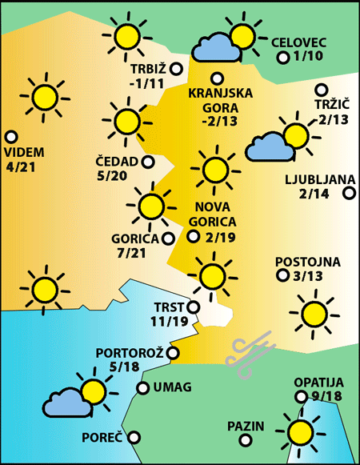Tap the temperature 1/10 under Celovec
click(x=308, y=57)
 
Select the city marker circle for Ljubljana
click(x=349, y=193)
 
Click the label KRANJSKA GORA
click(x=220, y=100)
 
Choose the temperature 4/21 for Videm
click(x=24, y=167)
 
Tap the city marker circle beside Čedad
click(x=148, y=162)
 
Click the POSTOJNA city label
click(x=308, y=262)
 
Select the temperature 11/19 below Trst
click(x=169, y=321)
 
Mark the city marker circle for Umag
click(x=142, y=388)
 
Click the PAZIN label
click(x=245, y=426)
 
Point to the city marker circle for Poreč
click(x=134, y=438)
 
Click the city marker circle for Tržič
click(x=322, y=90)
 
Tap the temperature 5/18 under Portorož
click(x=125, y=367)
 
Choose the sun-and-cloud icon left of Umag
click(x=78, y=395)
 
